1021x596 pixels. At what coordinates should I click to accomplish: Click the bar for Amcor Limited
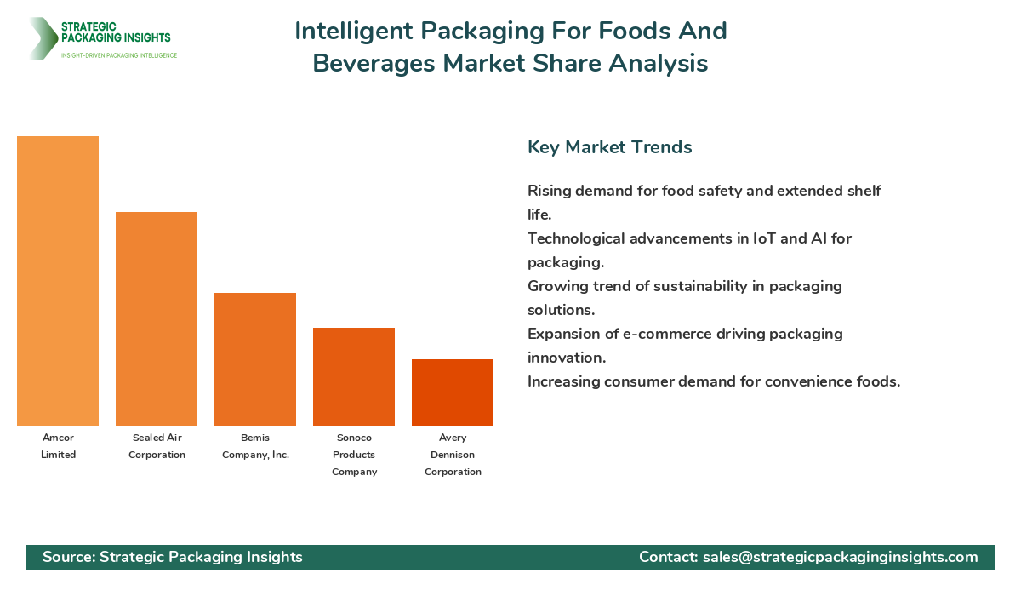point(58,281)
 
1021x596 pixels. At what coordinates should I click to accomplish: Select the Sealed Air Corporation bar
point(157,318)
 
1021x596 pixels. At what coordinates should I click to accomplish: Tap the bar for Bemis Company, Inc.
point(255,359)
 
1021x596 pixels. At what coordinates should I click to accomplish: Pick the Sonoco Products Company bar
point(354,376)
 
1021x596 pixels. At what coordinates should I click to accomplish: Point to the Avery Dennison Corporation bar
point(453,393)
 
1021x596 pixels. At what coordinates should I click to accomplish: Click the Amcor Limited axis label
point(58,446)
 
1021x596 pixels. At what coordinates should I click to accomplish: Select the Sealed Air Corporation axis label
point(157,446)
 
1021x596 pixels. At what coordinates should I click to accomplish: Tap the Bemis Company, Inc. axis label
point(255,446)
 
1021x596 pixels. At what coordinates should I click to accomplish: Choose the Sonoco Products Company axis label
point(354,455)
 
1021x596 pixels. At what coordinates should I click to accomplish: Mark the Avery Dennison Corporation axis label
point(453,455)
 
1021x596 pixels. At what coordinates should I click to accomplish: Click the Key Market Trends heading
point(609,146)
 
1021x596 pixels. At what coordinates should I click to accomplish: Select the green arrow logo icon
point(41,38)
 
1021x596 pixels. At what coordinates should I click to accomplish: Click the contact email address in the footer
point(840,557)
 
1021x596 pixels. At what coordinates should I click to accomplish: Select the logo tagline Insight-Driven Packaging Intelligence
point(119,55)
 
